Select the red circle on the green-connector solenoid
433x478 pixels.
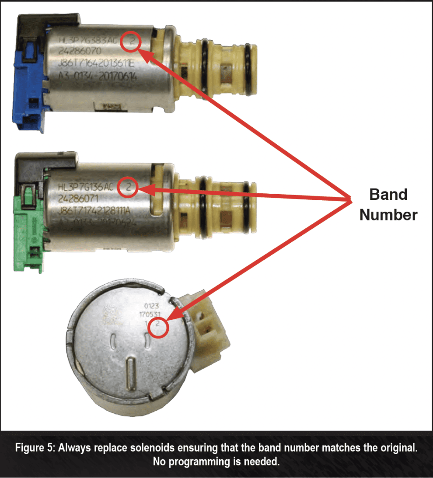(128, 188)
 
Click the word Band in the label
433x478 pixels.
(388, 194)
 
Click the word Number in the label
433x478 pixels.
(388, 215)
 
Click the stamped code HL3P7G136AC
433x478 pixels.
(85, 188)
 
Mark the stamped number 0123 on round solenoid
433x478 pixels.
(151, 307)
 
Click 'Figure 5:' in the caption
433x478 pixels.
(38, 449)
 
